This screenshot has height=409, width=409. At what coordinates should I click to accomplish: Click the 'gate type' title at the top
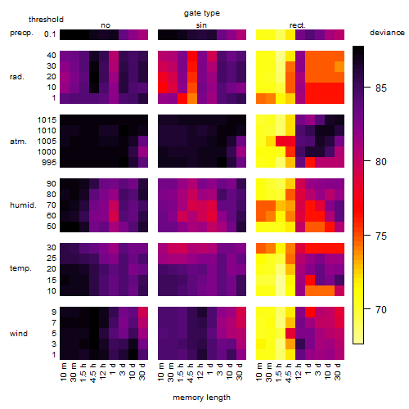click(202, 13)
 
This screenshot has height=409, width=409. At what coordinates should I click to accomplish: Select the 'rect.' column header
click(298, 25)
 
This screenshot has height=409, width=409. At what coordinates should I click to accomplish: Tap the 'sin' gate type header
click(201, 25)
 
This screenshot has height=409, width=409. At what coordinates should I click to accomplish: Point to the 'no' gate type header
click(106, 25)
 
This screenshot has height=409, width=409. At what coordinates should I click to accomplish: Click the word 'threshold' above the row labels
click(46, 20)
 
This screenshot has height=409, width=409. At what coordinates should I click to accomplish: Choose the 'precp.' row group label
click(21, 33)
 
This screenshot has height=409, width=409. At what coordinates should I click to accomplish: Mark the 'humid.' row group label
click(23, 205)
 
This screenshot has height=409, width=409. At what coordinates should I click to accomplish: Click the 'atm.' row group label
click(18, 142)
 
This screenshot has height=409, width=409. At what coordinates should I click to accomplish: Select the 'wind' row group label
click(19, 334)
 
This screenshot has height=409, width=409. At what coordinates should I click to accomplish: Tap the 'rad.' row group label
click(17, 77)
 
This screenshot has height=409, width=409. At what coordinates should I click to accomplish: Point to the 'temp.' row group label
click(20, 268)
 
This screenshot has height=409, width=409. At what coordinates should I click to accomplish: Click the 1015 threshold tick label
click(47, 120)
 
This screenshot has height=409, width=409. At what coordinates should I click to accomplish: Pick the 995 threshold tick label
click(49, 163)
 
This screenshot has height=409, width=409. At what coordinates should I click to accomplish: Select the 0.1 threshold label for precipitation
click(50, 34)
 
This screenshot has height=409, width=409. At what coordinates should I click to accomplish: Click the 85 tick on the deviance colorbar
click(381, 88)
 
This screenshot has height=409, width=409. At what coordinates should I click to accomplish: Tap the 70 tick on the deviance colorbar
click(381, 310)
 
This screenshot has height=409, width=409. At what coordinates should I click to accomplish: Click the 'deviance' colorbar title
click(387, 33)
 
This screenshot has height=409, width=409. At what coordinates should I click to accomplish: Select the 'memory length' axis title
click(201, 398)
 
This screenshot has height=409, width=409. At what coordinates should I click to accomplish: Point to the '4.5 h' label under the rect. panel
click(288, 373)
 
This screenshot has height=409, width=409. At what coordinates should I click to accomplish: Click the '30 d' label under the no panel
click(142, 372)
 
